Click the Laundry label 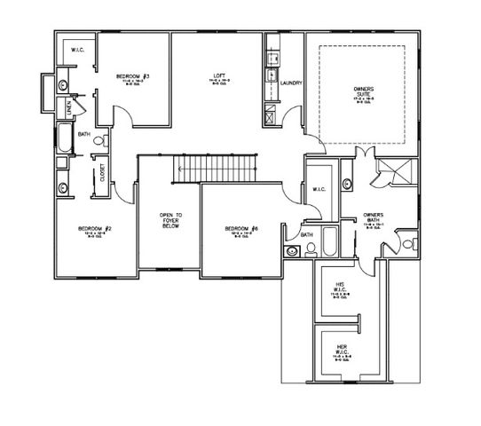pos(291,83)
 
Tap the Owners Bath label pos(374,217)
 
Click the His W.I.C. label pos(338,288)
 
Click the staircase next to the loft pos(217,167)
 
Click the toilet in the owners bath pos(409,243)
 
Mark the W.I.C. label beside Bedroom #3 pos(77,51)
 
